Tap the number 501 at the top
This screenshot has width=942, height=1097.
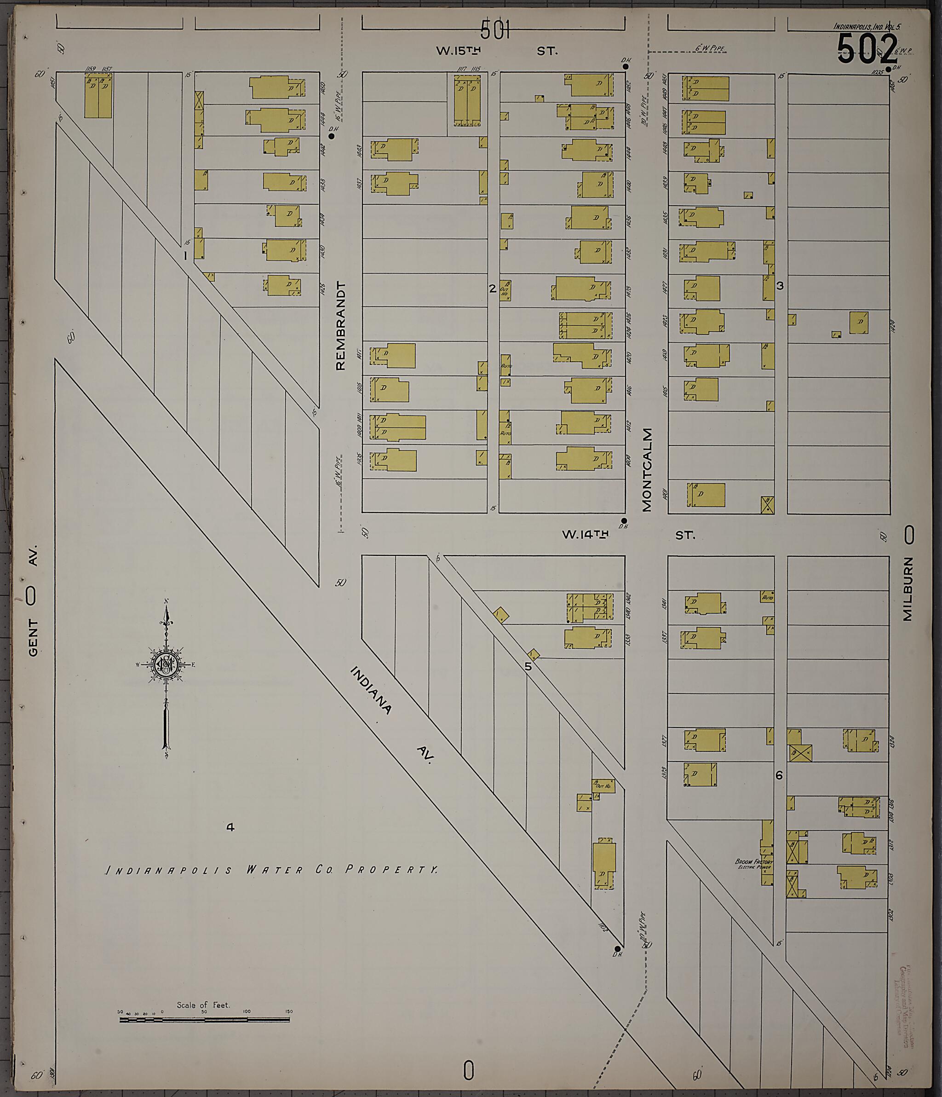(x=495, y=30)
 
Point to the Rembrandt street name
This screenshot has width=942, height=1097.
(x=340, y=326)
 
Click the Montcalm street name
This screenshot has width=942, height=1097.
(x=647, y=470)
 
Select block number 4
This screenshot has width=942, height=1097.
(x=230, y=827)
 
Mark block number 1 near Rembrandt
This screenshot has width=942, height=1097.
(x=185, y=256)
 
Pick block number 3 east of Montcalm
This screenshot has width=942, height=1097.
(x=780, y=286)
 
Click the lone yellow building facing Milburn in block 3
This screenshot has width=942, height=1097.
(x=858, y=322)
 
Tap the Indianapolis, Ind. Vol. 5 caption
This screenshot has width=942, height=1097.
(x=866, y=27)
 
